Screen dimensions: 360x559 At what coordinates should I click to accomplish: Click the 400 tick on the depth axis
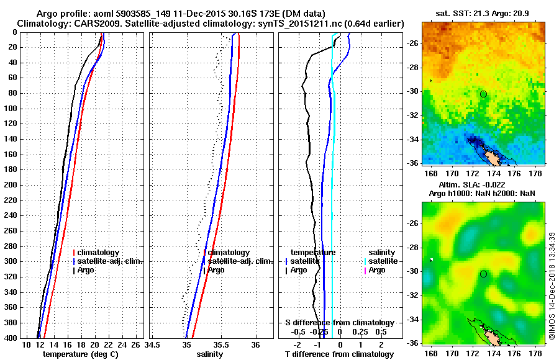click(x=11, y=338)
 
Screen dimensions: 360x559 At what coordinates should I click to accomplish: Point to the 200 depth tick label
click(x=11, y=185)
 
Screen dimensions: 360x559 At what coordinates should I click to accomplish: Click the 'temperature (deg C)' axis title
click(x=80, y=354)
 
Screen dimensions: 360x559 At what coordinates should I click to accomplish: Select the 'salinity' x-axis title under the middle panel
click(x=209, y=354)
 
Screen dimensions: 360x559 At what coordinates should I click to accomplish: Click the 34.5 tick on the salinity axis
click(x=153, y=344)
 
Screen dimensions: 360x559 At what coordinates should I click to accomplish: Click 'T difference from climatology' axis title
click(x=339, y=354)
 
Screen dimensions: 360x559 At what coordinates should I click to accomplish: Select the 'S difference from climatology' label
click(x=339, y=323)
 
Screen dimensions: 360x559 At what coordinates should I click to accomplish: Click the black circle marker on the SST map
click(x=483, y=94)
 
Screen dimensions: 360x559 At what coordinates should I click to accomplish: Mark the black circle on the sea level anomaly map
click(x=483, y=274)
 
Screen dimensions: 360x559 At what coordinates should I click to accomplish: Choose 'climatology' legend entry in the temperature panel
click(x=102, y=253)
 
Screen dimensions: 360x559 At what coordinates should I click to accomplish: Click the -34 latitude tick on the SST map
click(x=413, y=140)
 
